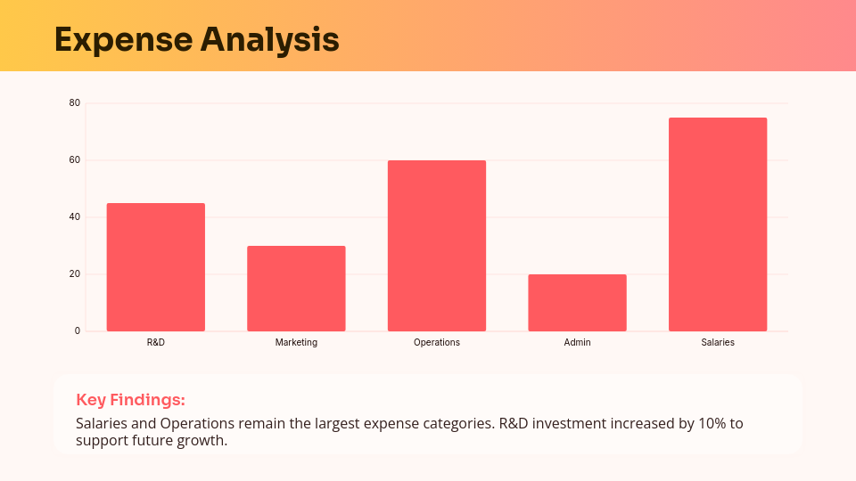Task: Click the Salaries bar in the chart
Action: (718, 224)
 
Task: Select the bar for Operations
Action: (437, 246)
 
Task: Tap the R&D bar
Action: (156, 267)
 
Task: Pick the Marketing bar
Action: (296, 289)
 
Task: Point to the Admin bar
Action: (577, 303)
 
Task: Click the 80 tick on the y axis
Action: (75, 103)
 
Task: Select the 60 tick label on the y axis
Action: (75, 160)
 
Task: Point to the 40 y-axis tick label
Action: (75, 217)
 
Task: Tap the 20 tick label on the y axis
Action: (75, 274)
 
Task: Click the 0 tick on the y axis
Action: (78, 331)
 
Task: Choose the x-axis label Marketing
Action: (296, 342)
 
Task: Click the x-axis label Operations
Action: (437, 342)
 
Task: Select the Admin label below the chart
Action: (577, 342)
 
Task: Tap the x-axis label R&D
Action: (156, 342)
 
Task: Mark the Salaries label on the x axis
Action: (718, 342)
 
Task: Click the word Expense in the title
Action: (122, 40)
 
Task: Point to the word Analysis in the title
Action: (269, 40)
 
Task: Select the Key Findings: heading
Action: (130, 400)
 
